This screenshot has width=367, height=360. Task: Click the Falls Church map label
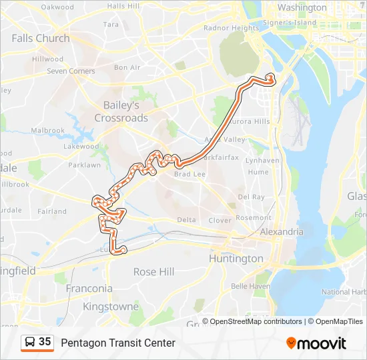(x=40, y=38)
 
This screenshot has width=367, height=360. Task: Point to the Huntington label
(x=236, y=258)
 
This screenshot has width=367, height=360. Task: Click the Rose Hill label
(x=153, y=271)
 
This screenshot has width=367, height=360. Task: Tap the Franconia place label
(x=88, y=289)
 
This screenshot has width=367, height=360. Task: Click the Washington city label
(x=302, y=7)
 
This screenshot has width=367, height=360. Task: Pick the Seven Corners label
(x=71, y=71)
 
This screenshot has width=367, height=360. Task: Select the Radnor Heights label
(x=231, y=28)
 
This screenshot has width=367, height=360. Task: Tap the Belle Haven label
(x=250, y=286)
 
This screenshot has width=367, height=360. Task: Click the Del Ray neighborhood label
(x=251, y=197)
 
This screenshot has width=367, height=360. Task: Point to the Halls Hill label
(x=123, y=6)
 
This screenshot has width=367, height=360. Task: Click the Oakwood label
(x=57, y=7)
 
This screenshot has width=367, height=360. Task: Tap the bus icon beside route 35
(x=30, y=343)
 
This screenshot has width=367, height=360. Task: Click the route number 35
(x=45, y=342)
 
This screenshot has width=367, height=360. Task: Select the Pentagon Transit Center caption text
(x=118, y=343)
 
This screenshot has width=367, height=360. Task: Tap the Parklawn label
(x=84, y=165)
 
